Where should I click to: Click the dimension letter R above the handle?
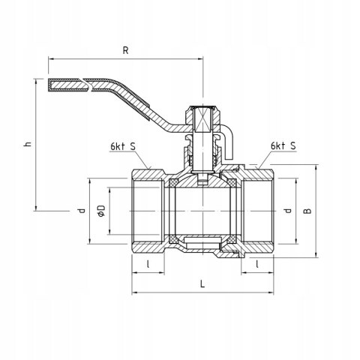[125, 50]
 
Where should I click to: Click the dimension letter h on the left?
[28, 144]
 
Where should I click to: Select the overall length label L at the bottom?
[202, 283]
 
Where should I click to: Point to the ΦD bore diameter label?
[101, 211]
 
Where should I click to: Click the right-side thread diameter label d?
[288, 211]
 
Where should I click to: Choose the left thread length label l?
[148, 264]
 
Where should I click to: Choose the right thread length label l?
[257, 264]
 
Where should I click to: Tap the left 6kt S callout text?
[123, 146]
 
